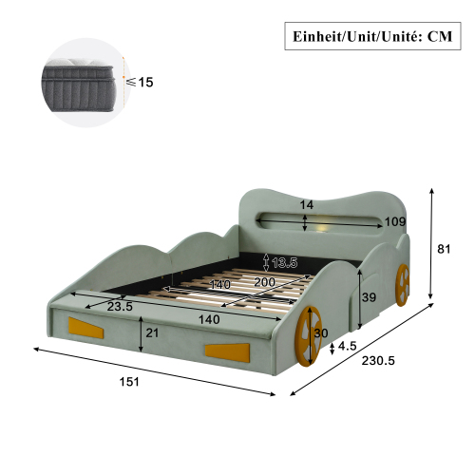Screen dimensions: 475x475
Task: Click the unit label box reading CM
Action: coord(372,36)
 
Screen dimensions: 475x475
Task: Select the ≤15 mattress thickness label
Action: coord(140,82)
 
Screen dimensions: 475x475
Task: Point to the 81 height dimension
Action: coord(444,249)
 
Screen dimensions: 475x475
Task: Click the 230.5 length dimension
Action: coord(378,361)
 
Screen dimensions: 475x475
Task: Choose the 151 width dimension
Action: coord(129,382)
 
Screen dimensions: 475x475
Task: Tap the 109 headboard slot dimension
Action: coord(395,221)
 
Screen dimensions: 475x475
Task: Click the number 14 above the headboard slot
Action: coord(307,205)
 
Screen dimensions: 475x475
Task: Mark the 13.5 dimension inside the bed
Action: coord(285,262)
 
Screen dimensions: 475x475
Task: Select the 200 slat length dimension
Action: coord(265,282)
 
